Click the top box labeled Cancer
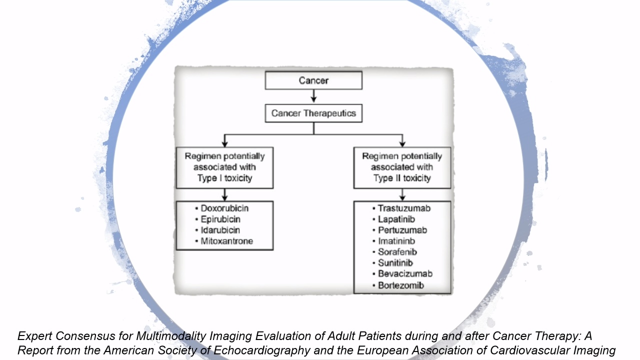[313, 80]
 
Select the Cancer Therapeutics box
[313, 113]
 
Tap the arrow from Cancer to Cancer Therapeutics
[313, 96]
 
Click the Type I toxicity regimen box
[224, 167]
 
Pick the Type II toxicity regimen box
[402, 167]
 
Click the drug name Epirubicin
[220, 219]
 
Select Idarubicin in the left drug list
[220, 230]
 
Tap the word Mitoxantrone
[227, 241]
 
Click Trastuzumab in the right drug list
[404, 208]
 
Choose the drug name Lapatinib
[396, 219]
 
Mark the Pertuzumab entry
[402, 230]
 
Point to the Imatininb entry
[396, 241]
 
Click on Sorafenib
[397, 252]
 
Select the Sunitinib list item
[395, 263]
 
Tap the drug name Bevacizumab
[405, 273]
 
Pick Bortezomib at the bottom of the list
[401, 285]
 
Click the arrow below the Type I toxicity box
[224, 194]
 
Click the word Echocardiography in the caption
[262, 350]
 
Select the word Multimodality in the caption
[171, 336]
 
